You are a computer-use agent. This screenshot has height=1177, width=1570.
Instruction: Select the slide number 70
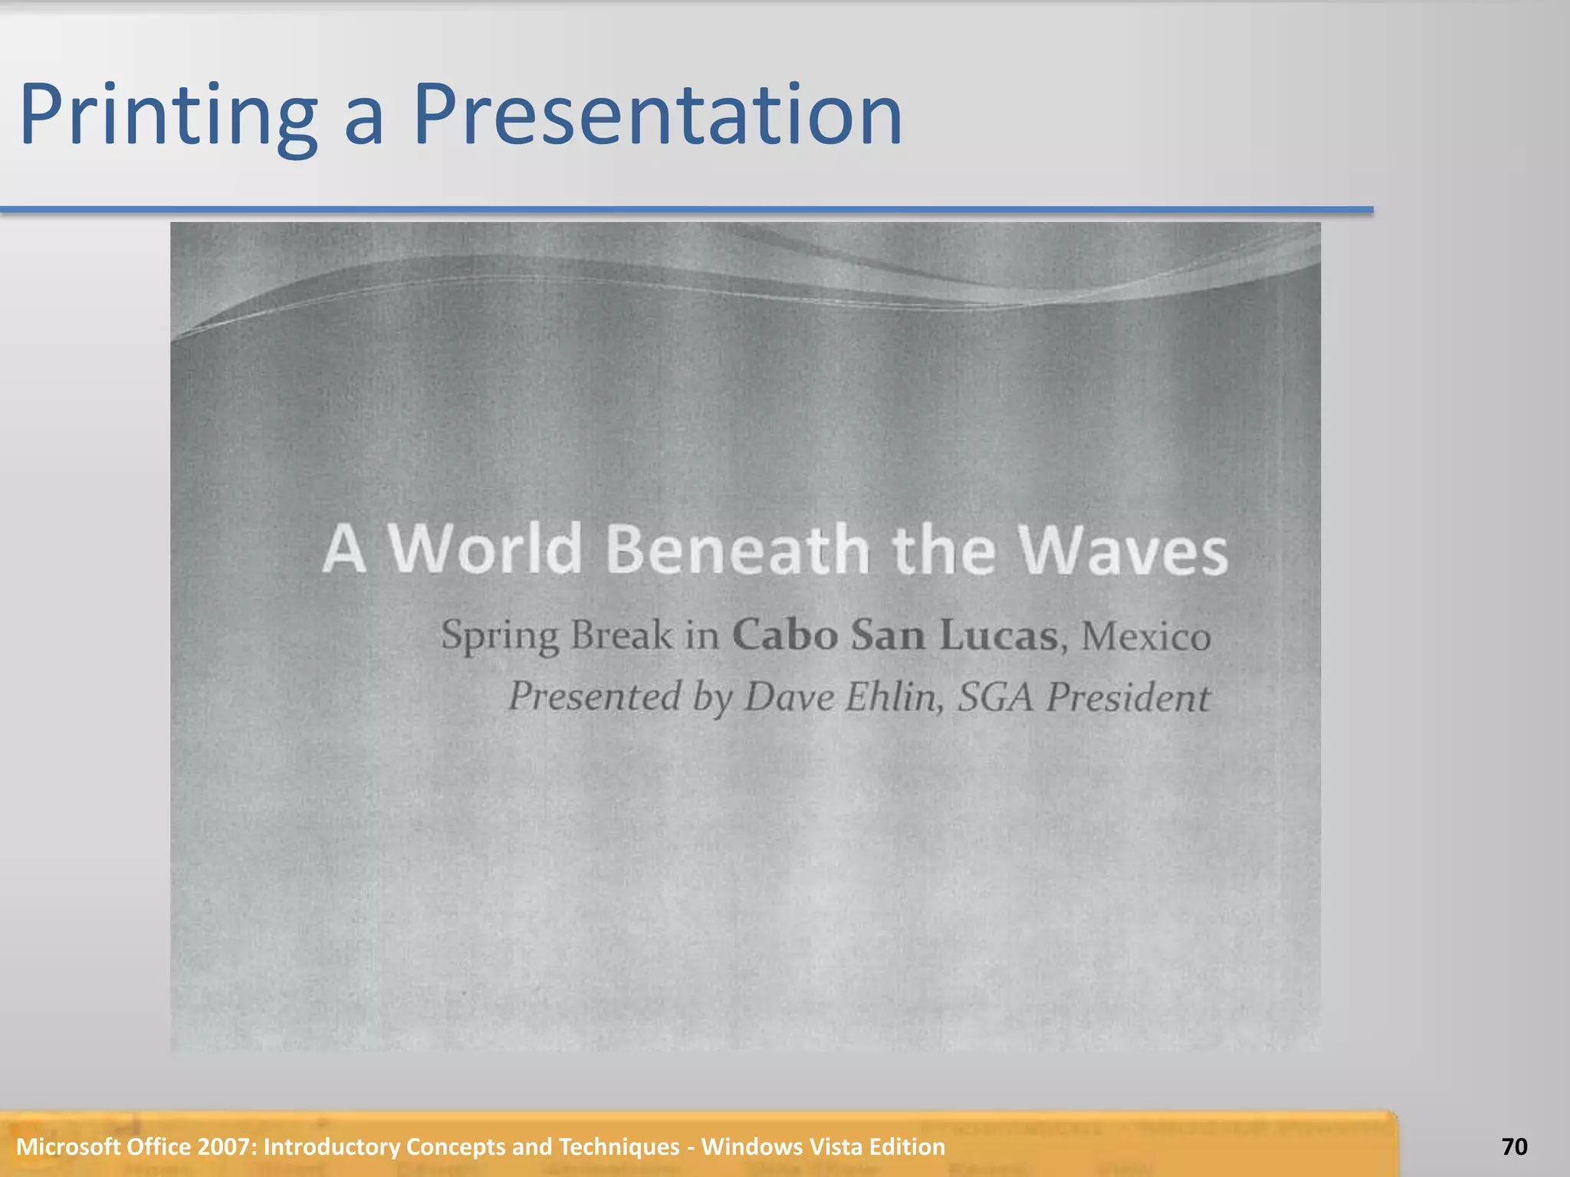click(1514, 1146)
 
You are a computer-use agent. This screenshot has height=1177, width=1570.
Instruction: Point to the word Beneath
click(737, 550)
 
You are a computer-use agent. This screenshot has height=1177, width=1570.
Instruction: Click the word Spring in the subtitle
click(500, 636)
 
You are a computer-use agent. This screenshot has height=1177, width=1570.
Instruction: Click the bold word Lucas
click(998, 635)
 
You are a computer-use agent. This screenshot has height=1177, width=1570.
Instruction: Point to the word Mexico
click(1145, 636)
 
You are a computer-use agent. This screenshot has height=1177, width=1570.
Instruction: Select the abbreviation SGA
click(995, 697)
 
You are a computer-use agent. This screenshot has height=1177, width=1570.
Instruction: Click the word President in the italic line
click(1128, 697)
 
